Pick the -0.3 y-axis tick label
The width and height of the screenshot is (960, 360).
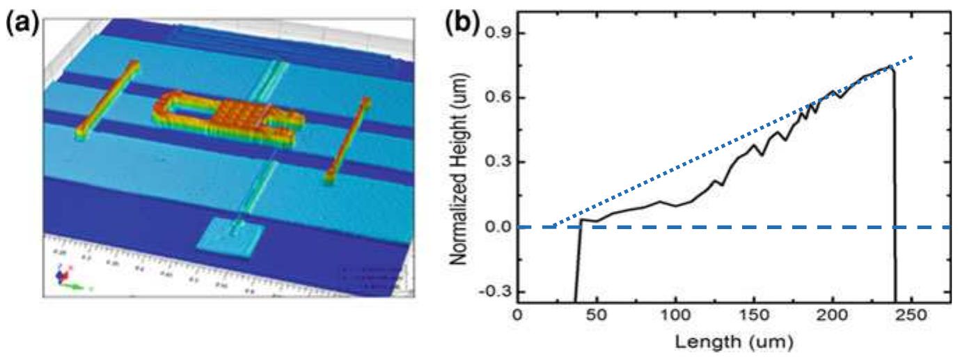tap(495, 291)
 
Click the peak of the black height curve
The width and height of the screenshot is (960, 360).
tap(891, 68)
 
